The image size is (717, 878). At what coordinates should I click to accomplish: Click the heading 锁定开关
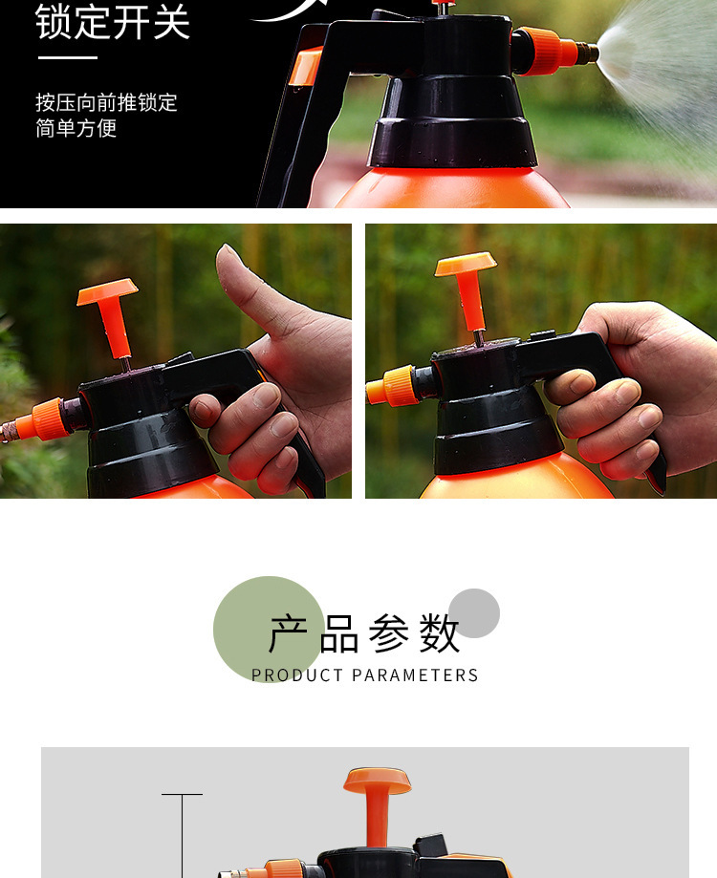113,22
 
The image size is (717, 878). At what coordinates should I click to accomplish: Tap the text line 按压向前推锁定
106,102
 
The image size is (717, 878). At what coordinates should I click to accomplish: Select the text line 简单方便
76,128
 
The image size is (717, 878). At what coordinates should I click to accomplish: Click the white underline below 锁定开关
67,57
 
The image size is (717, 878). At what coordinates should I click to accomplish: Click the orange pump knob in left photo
106,291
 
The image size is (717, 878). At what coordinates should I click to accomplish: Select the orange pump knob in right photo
466,265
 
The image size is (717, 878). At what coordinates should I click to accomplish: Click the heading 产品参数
364,633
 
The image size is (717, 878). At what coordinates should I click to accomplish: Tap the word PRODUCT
297,675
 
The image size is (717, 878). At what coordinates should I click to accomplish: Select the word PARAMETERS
415,675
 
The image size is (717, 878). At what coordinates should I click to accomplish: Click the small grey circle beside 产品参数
474,612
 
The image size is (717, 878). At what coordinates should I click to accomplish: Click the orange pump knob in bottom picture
377,782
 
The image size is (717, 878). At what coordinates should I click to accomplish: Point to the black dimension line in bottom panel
182,836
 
